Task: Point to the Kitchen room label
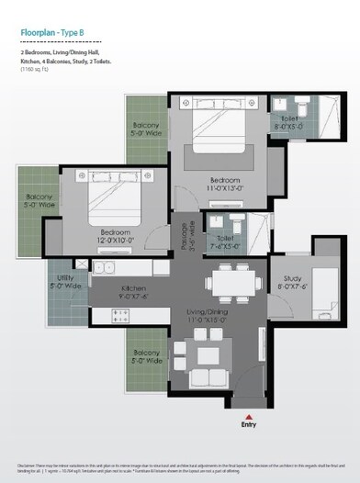click(133, 292)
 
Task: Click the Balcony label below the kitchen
click(147, 356)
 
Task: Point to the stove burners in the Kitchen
click(120, 314)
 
